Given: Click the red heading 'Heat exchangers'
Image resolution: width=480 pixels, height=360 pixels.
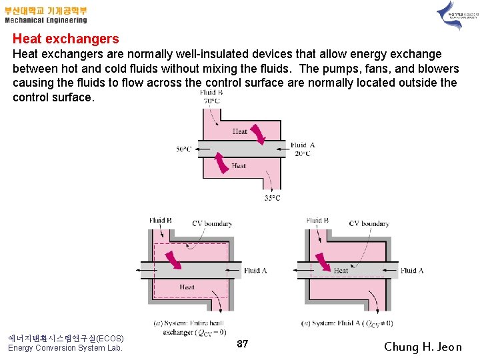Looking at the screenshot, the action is tap(65, 39).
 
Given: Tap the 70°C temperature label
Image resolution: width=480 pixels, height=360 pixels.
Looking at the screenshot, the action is tap(211, 101).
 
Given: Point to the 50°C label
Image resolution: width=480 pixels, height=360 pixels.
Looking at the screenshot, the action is tap(184, 149).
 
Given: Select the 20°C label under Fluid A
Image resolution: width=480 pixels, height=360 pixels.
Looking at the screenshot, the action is tap(303, 153).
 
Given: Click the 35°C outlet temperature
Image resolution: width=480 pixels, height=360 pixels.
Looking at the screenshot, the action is tap(271, 198).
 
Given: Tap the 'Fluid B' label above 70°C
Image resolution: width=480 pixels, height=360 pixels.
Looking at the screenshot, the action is tap(211, 93).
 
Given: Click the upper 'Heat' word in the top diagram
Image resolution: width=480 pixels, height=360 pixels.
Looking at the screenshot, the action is tap(239, 131).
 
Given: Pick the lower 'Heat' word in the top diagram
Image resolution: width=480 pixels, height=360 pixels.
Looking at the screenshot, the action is tap(238, 166).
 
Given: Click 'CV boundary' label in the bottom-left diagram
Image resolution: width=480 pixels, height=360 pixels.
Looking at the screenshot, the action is tap(212, 223).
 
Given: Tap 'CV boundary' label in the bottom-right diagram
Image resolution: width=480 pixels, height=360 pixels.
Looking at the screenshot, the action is tap(369, 223).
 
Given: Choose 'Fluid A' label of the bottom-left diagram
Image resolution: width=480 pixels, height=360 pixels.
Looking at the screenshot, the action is tap(255, 271).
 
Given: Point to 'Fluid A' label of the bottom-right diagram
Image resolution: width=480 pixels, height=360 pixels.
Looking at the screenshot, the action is tap(412, 271).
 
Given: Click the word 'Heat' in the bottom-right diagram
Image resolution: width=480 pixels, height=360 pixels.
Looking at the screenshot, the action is tap(341, 271).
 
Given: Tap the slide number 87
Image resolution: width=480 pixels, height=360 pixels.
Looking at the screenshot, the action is tap(243, 344).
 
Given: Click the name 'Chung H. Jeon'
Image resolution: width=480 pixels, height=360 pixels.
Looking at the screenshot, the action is tap(423, 347).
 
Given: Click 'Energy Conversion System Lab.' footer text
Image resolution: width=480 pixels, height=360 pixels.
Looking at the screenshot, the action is tap(65, 348).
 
